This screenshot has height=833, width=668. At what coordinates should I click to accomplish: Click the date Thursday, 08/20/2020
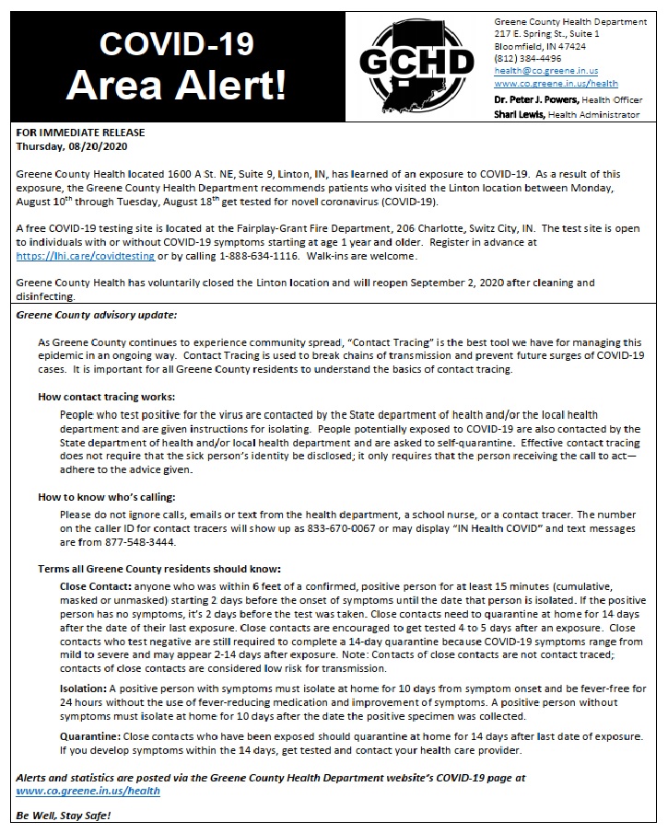(72, 145)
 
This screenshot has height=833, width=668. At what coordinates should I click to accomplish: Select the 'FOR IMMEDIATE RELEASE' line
(80, 133)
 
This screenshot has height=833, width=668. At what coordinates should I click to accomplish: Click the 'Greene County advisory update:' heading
(96, 315)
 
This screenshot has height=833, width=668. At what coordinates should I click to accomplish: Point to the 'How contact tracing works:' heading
(106, 396)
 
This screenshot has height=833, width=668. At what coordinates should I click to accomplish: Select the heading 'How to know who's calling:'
(107, 497)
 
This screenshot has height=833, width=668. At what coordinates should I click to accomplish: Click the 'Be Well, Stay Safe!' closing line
(62, 816)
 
